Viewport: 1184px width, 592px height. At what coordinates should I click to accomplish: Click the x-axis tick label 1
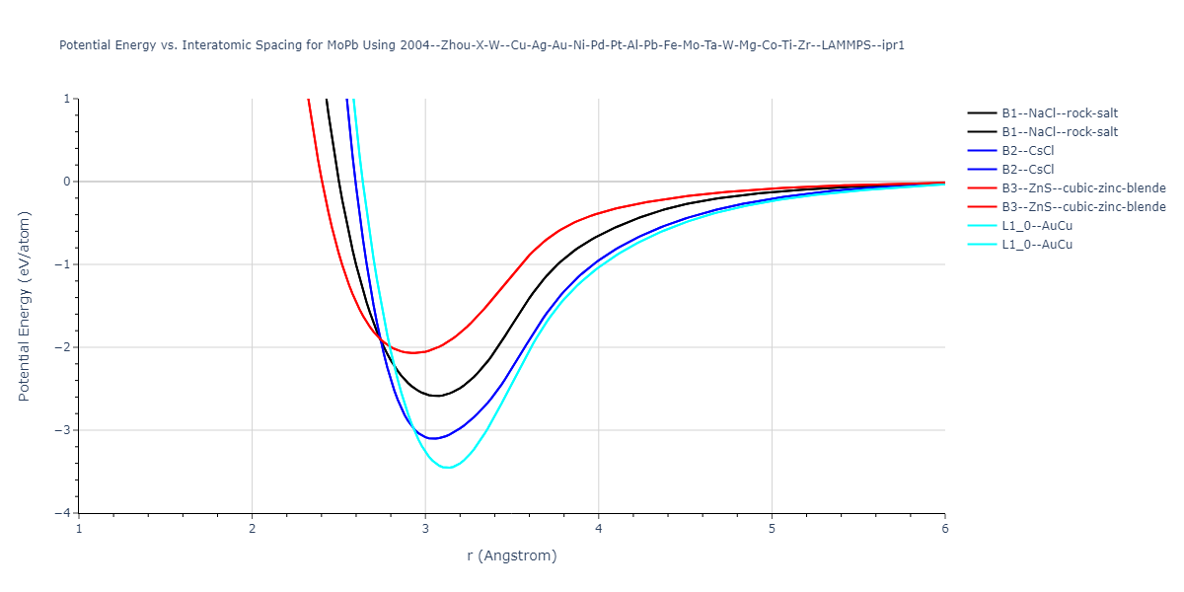[x=79, y=528]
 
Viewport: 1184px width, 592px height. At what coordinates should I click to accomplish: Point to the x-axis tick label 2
[x=252, y=528]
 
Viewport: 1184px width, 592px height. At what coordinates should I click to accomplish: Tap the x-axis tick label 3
[x=425, y=528]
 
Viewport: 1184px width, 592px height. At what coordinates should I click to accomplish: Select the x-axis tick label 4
[x=598, y=528]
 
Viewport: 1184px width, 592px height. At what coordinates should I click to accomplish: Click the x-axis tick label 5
[x=772, y=528]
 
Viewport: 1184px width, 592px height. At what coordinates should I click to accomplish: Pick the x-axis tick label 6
[x=944, y=528]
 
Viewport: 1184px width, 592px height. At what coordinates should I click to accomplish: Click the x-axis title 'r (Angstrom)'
[x=511, y=555]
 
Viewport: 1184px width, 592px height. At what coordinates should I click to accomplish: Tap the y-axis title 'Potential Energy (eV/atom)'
[x=25, y=306]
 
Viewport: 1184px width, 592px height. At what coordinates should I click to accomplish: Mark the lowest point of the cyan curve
[x=448, y=468]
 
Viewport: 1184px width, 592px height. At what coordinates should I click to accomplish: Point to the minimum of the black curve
[x=435, y=396]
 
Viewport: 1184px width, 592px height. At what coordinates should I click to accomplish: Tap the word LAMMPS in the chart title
[x=849, y=45]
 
